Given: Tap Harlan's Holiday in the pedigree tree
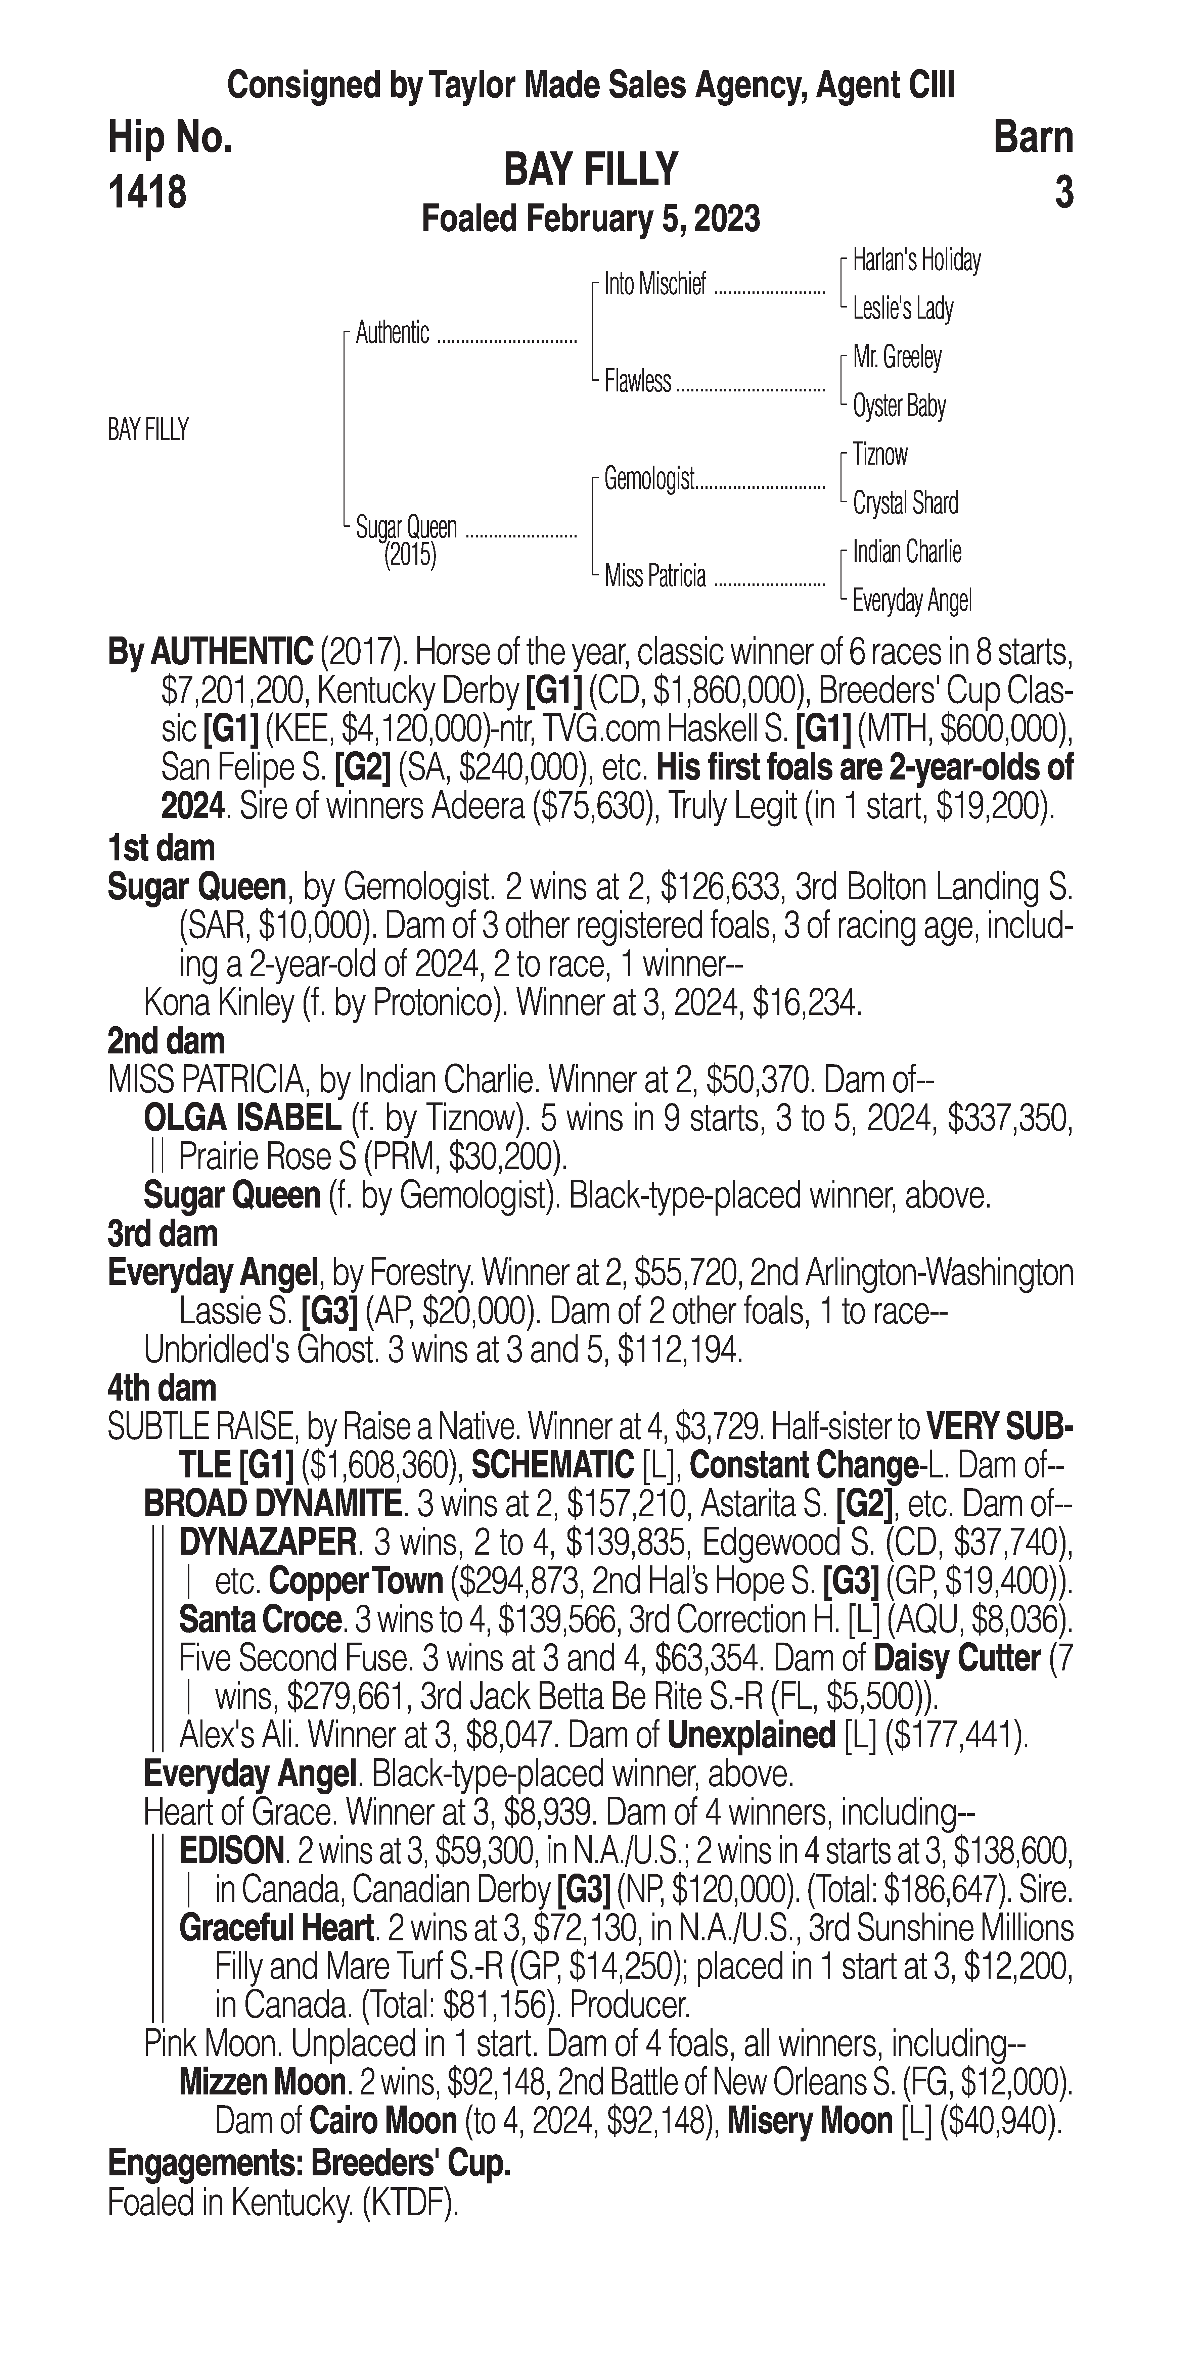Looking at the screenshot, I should pos(916,260).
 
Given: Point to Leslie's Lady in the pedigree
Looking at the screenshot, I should pos(903,309).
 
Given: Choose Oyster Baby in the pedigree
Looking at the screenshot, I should pos(899,406).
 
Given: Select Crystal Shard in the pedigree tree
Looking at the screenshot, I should pos(905,503).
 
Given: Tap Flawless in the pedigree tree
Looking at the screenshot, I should pos(638,381).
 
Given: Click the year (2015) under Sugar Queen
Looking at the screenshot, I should pos(410,555).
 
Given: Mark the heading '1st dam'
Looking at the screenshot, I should pos(161,848).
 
